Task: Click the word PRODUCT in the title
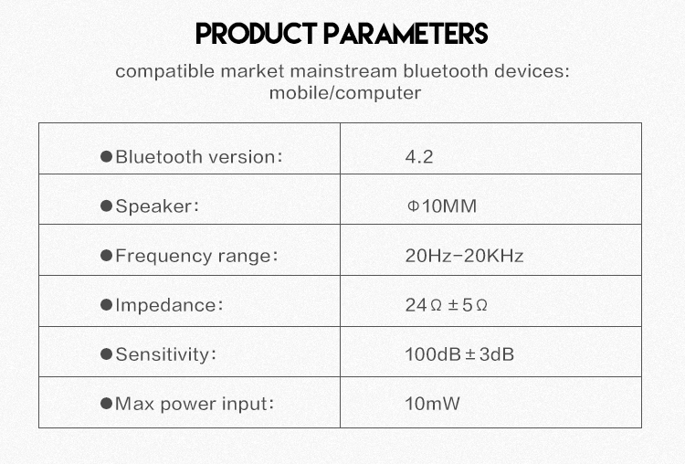256,34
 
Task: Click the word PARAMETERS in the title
406,34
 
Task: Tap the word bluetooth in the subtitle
445,70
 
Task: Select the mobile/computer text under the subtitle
345,93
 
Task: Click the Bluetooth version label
199,157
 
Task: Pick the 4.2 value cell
419,157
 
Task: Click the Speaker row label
157,206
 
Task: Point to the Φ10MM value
442,206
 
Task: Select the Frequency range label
196,256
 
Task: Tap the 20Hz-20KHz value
464,256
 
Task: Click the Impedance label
169,305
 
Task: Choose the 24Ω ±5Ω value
446,305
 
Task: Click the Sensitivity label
166,354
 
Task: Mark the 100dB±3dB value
459,354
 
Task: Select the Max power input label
195,404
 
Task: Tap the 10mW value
433,404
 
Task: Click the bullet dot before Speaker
106,206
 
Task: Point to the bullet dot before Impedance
106,304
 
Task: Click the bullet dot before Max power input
106,404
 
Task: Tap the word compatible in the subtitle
165,71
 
